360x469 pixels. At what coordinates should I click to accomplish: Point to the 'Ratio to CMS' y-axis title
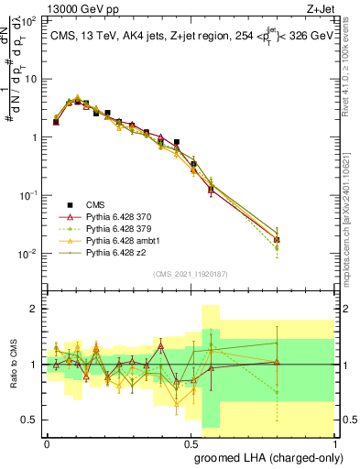click(x=12, y=365)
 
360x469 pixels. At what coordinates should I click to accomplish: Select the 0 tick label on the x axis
click(x=47, y=442)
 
